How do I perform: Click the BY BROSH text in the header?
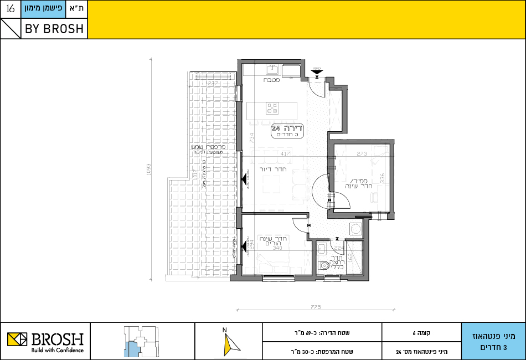54,29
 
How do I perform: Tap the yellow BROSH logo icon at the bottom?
17,339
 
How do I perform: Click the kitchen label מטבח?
271,80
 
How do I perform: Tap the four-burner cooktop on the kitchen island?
272,107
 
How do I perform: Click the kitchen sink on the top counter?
272,69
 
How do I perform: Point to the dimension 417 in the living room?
285,153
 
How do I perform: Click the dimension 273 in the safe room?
362,153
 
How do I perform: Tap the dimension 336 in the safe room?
381,178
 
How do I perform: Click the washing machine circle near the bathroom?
354,229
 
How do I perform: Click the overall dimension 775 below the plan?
316,307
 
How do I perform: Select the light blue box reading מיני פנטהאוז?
493,341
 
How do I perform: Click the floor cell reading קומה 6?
421,333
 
